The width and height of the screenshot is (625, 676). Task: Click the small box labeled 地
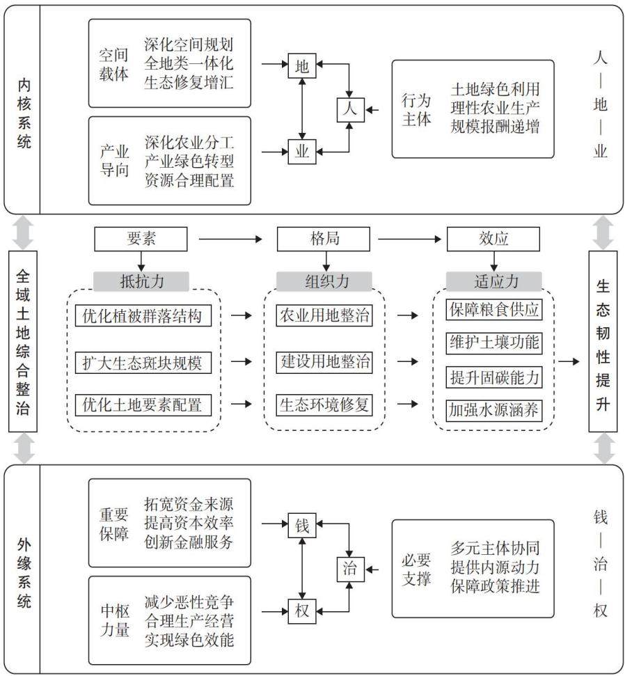302,65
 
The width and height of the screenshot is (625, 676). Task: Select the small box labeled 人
350,109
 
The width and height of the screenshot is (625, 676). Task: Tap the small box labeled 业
302,151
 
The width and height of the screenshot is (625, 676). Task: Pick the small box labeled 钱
302,525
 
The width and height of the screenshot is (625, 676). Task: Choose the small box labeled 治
350,569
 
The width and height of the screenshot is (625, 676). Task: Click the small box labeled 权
302,611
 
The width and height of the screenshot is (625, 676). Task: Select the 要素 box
141,239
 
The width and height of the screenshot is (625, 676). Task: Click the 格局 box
323,239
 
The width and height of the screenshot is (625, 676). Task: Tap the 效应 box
493,239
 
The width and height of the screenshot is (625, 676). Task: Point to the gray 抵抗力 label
141,281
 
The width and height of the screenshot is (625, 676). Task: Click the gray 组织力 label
324,281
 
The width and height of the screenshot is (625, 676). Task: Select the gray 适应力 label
494,281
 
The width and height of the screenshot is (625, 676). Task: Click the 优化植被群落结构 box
143,315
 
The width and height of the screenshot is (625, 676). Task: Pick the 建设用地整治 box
324,361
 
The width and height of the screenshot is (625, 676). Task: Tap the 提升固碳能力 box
494,377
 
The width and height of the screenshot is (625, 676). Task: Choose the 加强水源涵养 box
494,411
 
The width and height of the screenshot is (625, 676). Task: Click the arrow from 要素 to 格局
230,239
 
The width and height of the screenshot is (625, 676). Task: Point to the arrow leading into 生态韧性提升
569,361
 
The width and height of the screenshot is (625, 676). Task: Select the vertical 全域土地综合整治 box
23,341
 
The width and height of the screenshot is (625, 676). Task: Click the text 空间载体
113,65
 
